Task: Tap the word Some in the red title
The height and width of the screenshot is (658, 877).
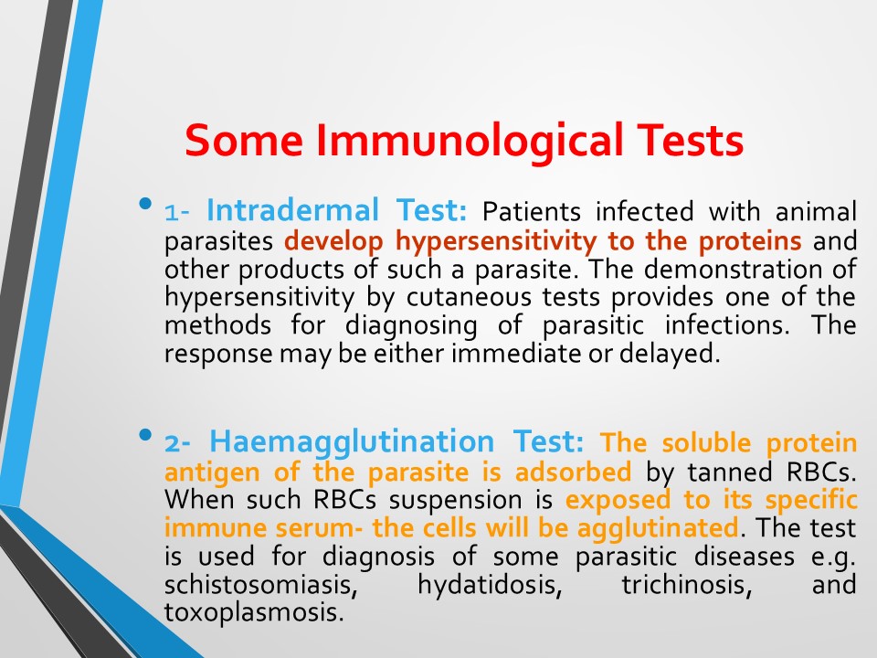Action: click(244, 140)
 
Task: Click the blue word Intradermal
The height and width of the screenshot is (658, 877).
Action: click(292, 210)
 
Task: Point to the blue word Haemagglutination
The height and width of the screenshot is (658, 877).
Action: click(352, 442)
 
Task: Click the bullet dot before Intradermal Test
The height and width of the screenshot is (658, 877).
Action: click(146, 204)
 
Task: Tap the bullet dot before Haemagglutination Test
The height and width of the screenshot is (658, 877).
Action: click(146, 434)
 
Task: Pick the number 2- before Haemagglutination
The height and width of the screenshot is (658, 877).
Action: click(177, 443)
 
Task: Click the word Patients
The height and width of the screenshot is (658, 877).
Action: click(532, 211)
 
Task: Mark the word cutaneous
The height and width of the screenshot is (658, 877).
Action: click(469, 297)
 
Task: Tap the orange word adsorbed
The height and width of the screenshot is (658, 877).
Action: click(573, 472)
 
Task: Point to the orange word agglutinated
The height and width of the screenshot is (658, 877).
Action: click(658, 528)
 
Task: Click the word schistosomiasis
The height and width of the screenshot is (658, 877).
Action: click(260, 585)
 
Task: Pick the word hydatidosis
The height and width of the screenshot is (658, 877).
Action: click(490, 585)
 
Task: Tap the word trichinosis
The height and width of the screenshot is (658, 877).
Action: click(686, 585)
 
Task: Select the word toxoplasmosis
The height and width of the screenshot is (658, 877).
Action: click(253, 612)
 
